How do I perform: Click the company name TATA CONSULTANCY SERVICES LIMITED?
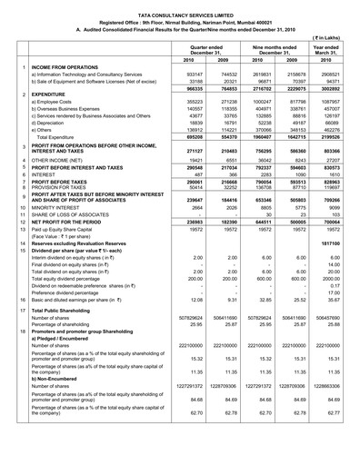pyautogui.click(x=180, y=6)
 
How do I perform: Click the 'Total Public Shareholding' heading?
pyautogui.click(x=68, y=337)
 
